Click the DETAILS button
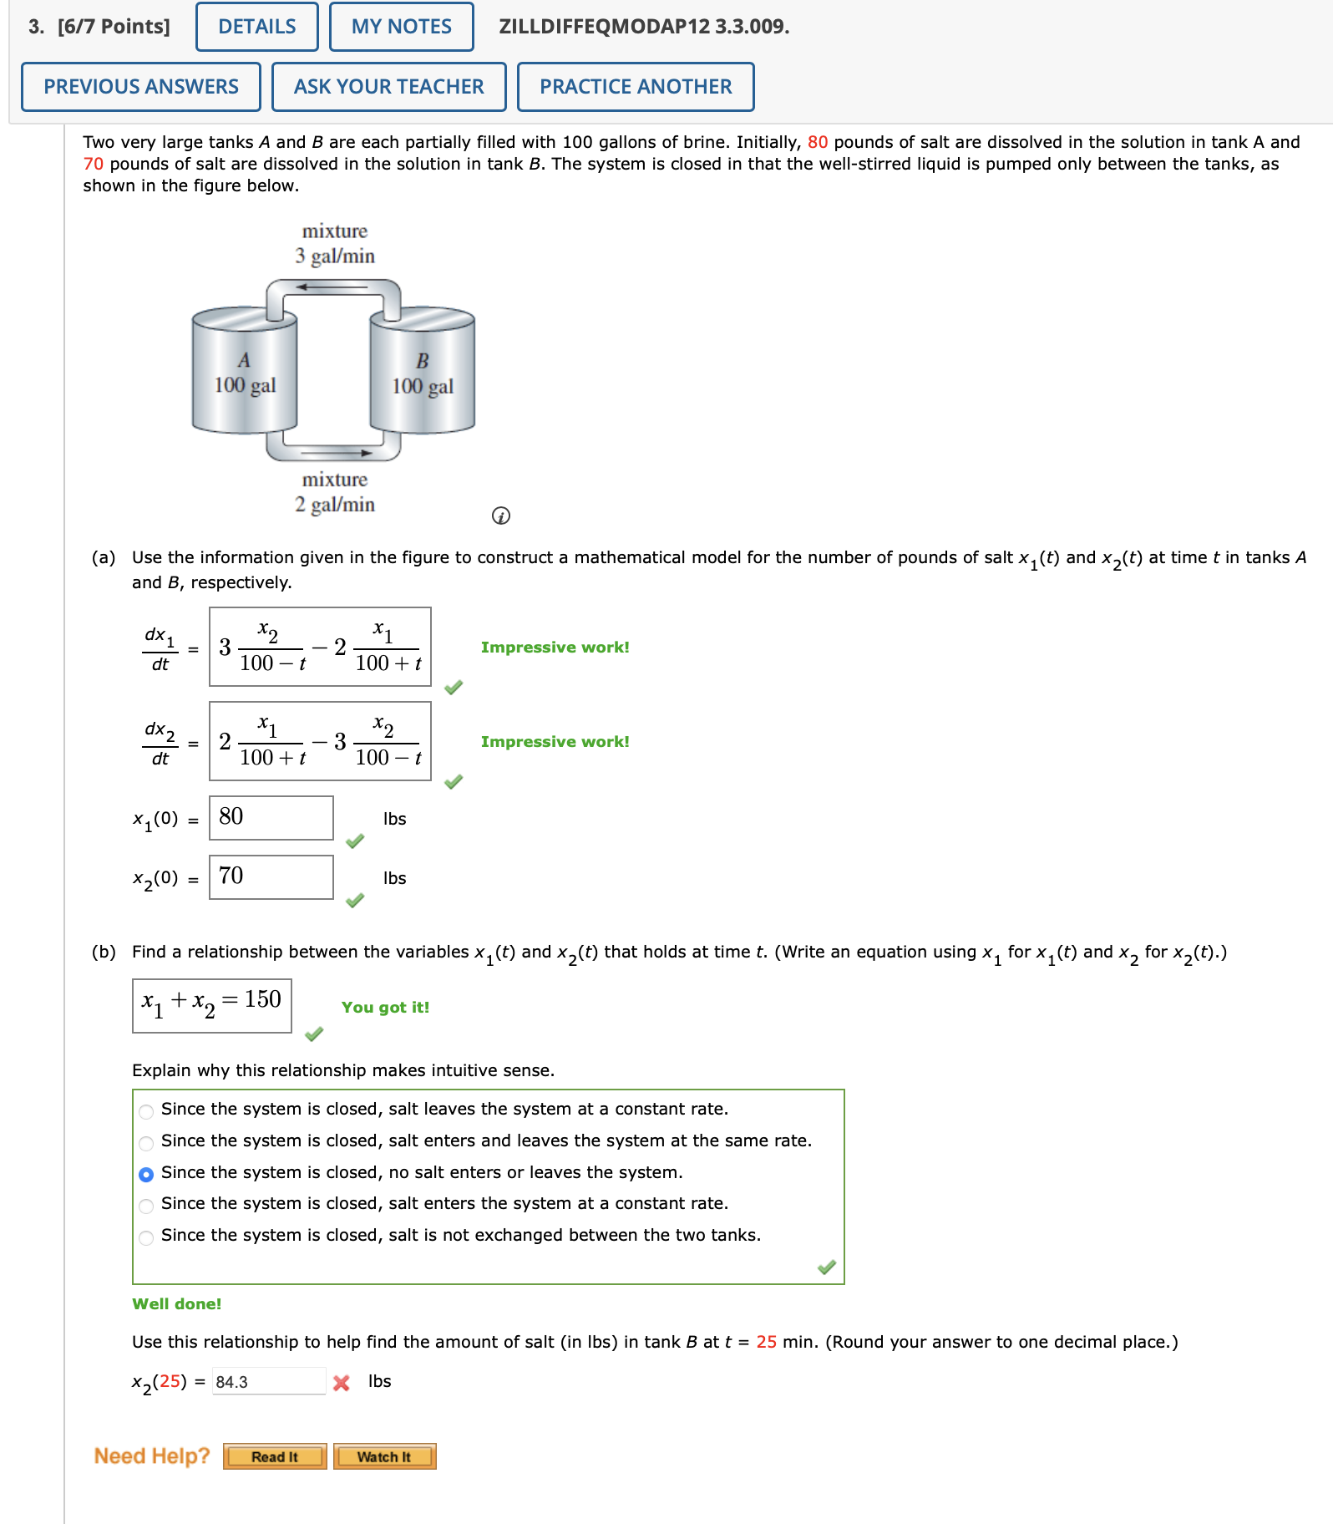[256, 27]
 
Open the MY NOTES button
[401, 27]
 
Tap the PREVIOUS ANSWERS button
[140, 87]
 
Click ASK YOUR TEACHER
[388, 87]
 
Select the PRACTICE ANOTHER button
[635, 87]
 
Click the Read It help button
[275, 1456]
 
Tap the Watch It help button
[384, 1456]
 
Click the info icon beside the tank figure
[500, 516]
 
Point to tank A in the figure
[245, 373]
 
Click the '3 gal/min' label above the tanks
[335, 256]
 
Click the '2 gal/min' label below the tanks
[335, 504]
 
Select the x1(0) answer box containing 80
[271, 818]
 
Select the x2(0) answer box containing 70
[271, 877]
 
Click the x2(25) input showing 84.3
[268, 1382]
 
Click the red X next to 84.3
[341, 1383]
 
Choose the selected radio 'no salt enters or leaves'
[146, 1174]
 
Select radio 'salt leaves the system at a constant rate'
[146, 1111]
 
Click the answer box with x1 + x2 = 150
[211, 1005]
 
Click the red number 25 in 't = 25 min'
[766, 1342]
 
